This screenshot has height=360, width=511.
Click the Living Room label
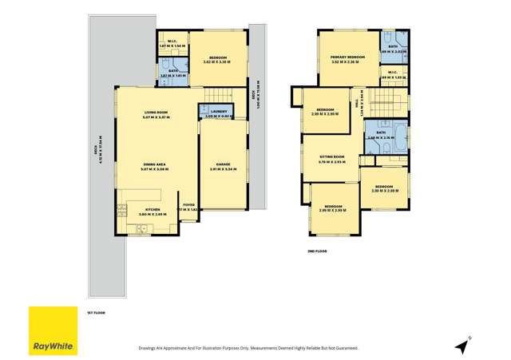[x=156, y=113]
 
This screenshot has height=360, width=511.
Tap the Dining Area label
[x=156, y=164]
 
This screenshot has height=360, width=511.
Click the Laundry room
[x=216, y=113]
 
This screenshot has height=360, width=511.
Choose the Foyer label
[x=188, y=204]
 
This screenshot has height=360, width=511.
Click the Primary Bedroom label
[x=347, y=57]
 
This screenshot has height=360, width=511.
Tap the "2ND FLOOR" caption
[x=318, y=251]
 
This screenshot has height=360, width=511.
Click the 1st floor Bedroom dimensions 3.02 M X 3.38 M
[x=218, y=61]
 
